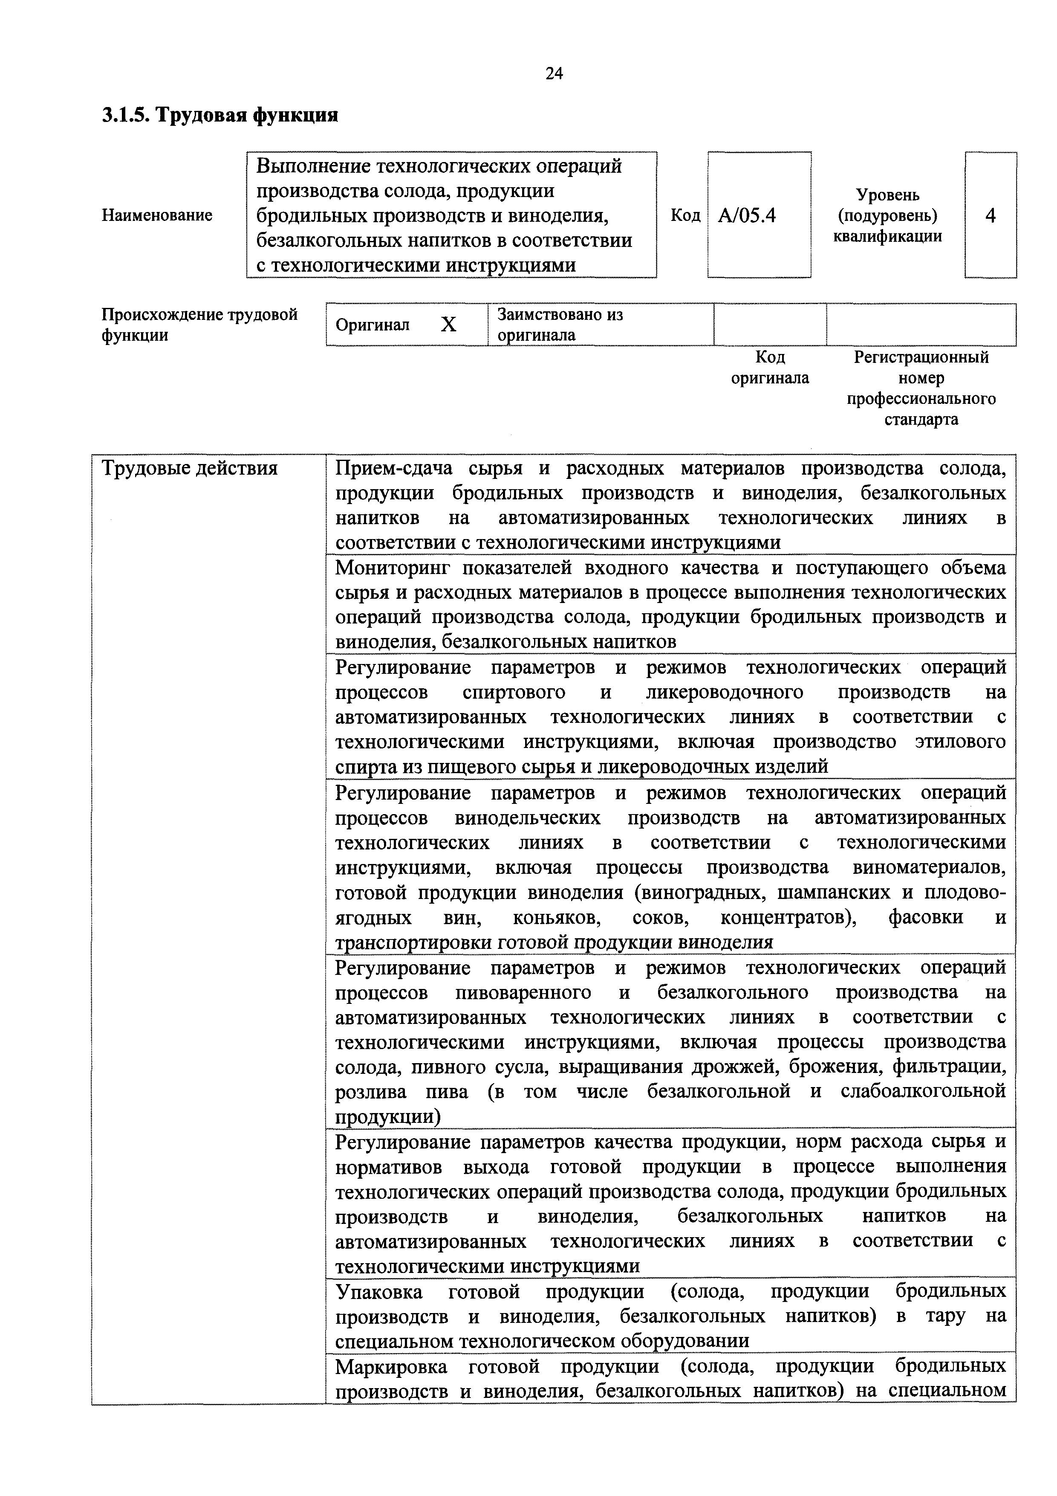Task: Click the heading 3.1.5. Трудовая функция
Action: click(219, 115)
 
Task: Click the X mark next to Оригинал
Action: click(448, 325)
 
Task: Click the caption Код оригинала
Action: click(770, 368)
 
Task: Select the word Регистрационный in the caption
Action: click(921, 357)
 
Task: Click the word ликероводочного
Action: click(724, 692)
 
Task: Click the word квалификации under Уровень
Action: click(888, 237)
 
